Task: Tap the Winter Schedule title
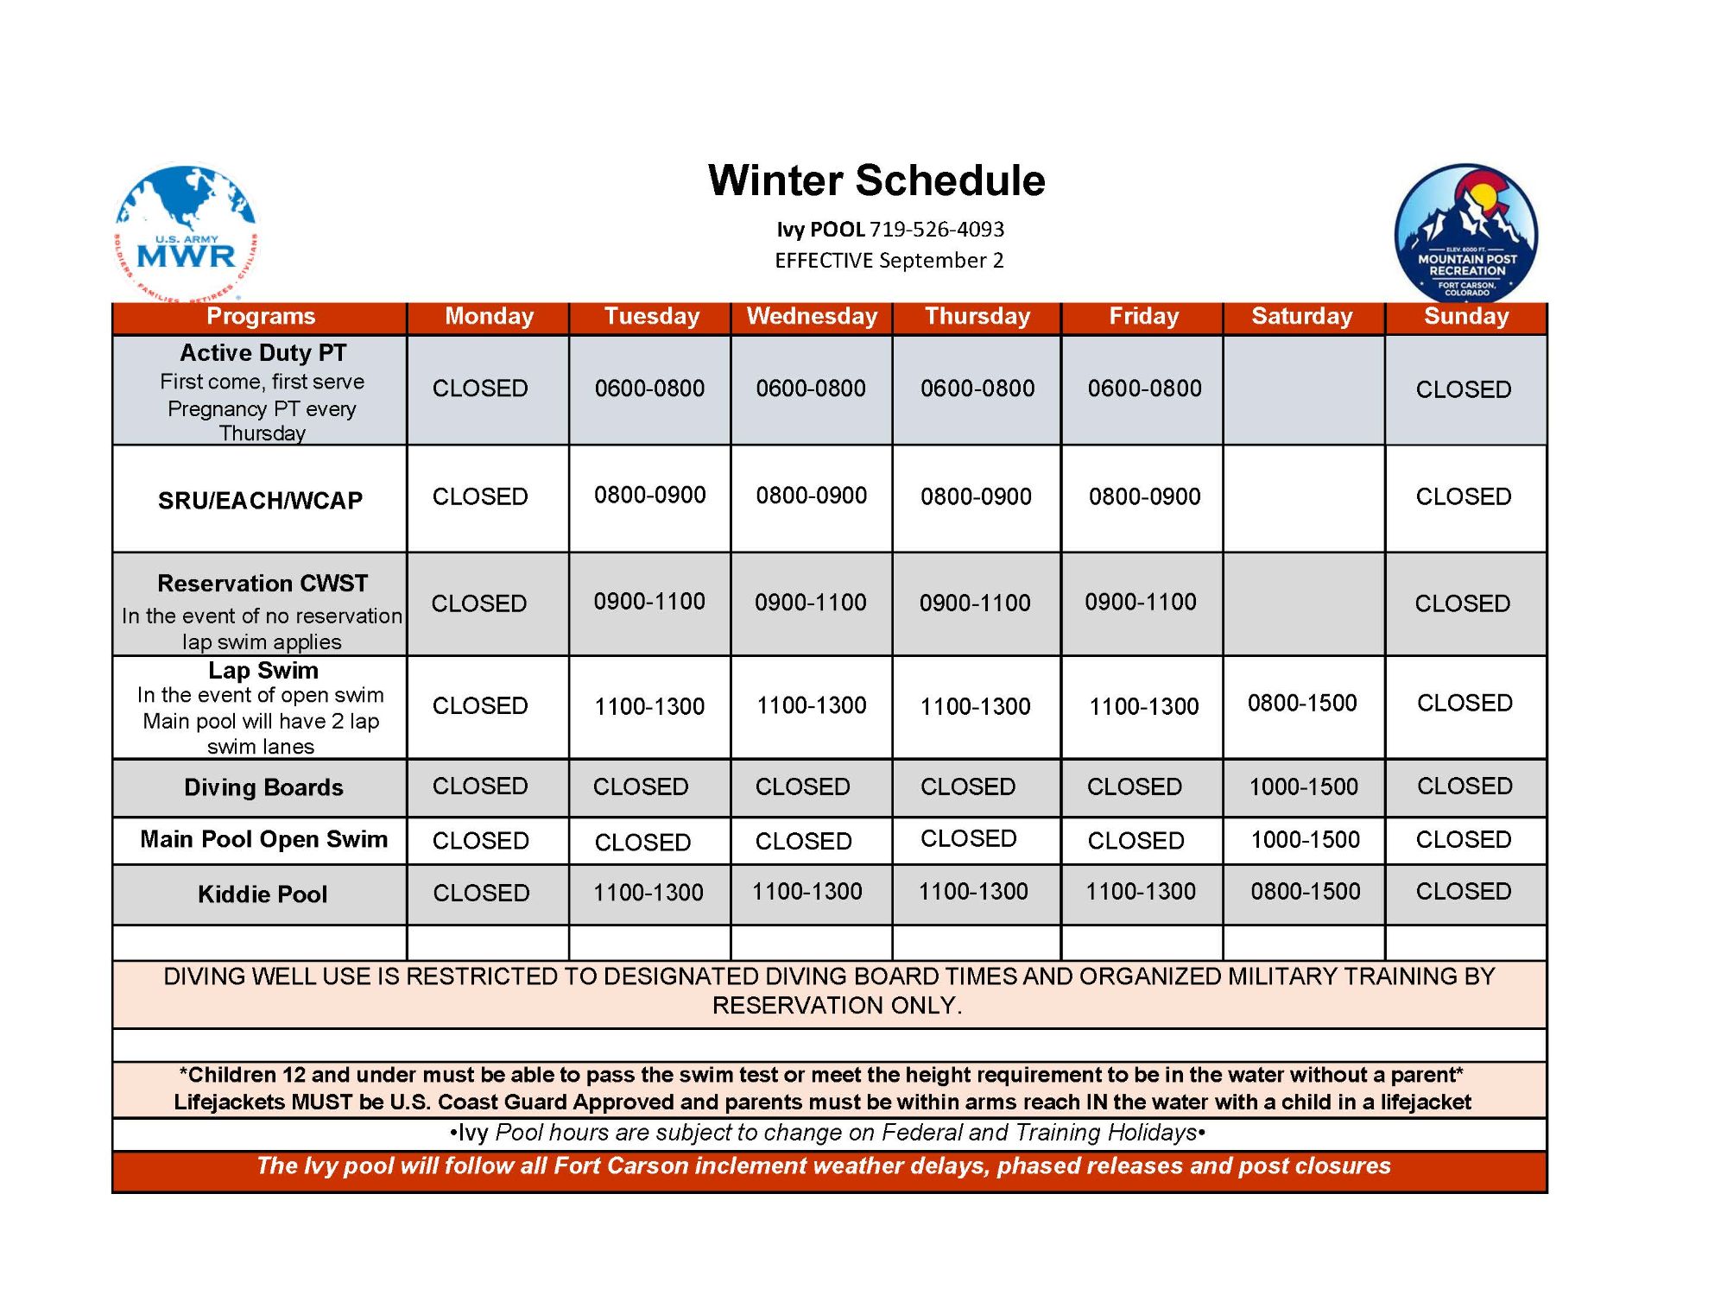pyautogui.click(x=876, y=181)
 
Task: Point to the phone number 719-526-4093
pyautogui.click(x=937, y=230)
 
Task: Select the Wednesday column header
pyautogui.click(x=812, y=317)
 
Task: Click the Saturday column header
pyautogui.click(x=1302, y=317)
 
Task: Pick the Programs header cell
pyautogui.click(x=261, y=317)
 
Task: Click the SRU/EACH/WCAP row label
pyautogui.click(x=260, y=501)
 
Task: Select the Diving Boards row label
pyautogui.click(x=263, y=787)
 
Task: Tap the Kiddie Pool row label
pyautogui.click(x=263, y=894)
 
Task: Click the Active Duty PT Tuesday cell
pyautogui.click(x=649, y=389)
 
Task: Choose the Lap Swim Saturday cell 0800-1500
pyautogui.click(x=1302, y=704)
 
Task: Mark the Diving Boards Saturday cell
pyautogui.click(x=1304, y=787)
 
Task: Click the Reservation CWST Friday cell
pyautogui.click(x=1141, y=602)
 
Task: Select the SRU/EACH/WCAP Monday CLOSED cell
pyautogui.click(x=480, y=496)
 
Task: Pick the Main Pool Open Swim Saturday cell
pyautogui.click(x=1305, y=839)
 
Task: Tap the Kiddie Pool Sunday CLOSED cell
pyautogui.click(x=1464, y=891)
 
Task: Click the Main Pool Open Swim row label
pyautogui.click(x=263, y=839)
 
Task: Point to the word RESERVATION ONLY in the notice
pyautogui.click(x=837, y=1006)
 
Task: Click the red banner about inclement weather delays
pyautogui.click(x=824, y=1166)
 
